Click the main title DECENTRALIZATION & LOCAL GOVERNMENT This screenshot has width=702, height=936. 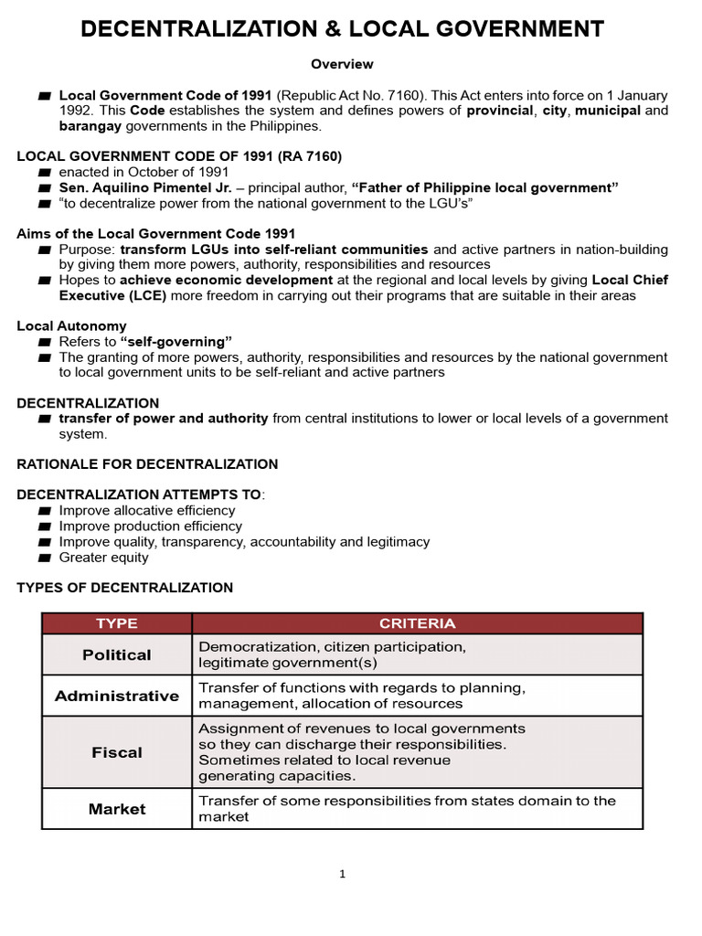342,29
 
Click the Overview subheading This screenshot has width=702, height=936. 342,64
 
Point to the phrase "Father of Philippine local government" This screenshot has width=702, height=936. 484,187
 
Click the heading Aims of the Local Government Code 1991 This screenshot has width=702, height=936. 156,234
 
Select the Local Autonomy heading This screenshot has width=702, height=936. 72,326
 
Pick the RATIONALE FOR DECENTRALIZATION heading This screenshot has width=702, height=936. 148,464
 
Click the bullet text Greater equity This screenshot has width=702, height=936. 103,558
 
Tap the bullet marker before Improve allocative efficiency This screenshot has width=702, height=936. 44,511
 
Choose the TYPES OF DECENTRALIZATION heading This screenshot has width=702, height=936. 125,588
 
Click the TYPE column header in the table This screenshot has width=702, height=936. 117,623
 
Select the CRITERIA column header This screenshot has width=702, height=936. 417,623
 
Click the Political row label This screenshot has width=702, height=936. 117,655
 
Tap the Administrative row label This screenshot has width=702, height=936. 117,696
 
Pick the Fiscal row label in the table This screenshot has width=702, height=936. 117,752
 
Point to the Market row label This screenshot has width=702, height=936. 117,809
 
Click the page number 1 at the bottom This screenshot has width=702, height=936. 343,874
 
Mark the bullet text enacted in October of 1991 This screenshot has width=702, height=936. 144,172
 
